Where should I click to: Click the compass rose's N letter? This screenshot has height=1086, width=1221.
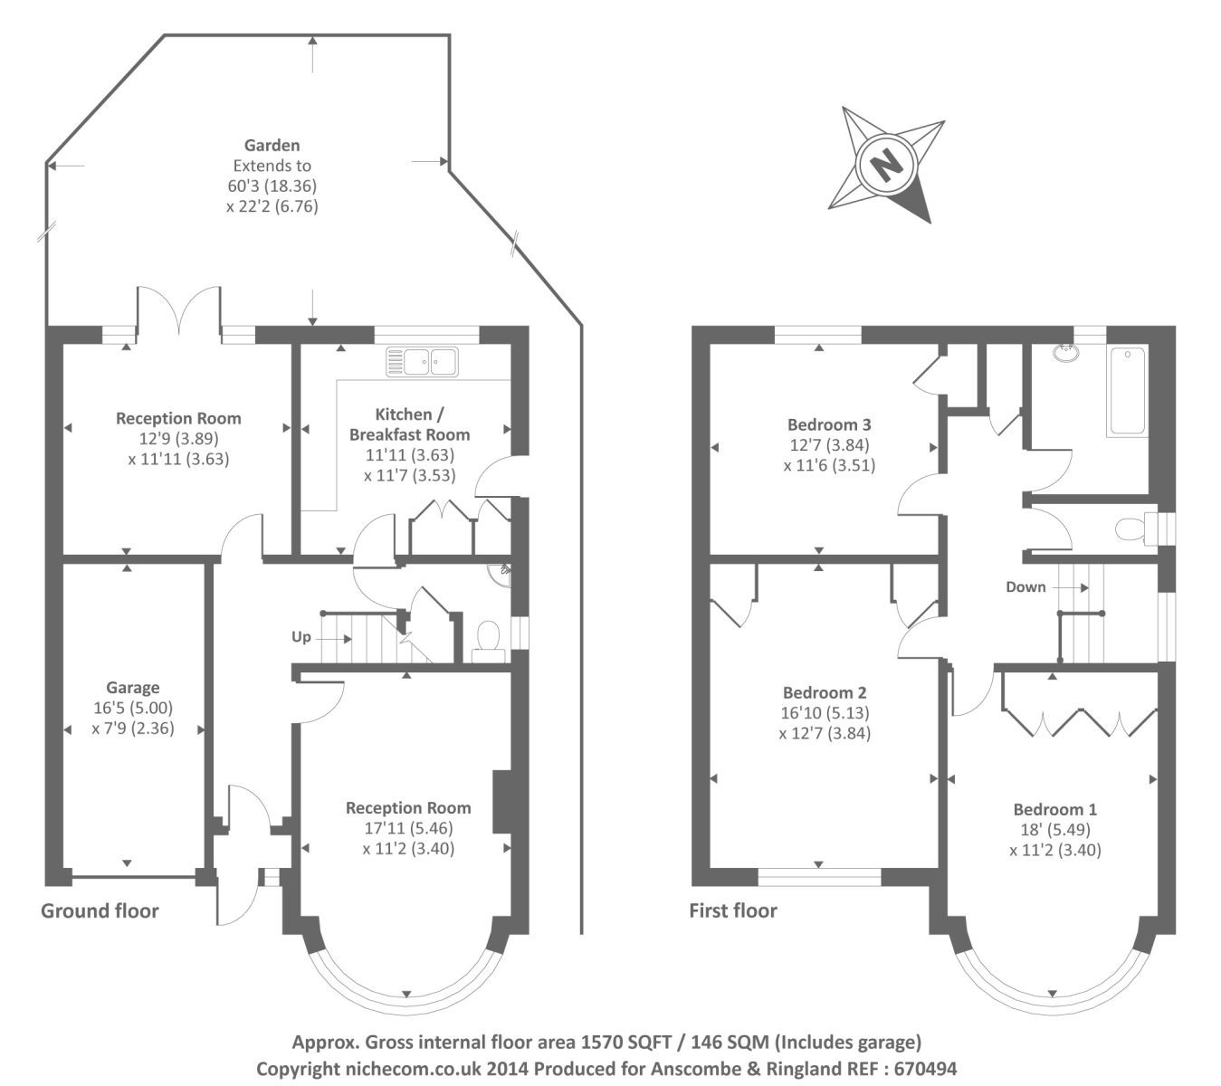[886, 165]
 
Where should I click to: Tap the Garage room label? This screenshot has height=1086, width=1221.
[132, 688]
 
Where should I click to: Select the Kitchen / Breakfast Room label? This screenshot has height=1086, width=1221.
[410, 424]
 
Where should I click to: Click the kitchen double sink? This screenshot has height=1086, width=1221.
[422, 362]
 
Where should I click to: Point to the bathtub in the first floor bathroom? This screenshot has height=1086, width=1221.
[1127, 391]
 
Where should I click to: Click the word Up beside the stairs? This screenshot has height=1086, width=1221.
[301, 637]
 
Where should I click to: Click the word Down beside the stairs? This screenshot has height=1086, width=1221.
[1025, 587]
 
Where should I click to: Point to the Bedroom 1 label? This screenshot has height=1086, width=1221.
[1055, 809]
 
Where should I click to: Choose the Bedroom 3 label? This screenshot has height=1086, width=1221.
[829, 424]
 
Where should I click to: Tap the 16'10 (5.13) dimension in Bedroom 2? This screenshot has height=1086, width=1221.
[825, 713]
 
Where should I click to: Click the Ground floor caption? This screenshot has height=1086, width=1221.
[100, 910]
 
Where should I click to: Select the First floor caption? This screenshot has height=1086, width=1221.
[733, 910]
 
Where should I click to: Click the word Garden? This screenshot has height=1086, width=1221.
[272, 145]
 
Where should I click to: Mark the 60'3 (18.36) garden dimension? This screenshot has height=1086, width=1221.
[272, 186]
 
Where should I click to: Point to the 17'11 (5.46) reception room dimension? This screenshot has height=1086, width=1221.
[408, 828]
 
